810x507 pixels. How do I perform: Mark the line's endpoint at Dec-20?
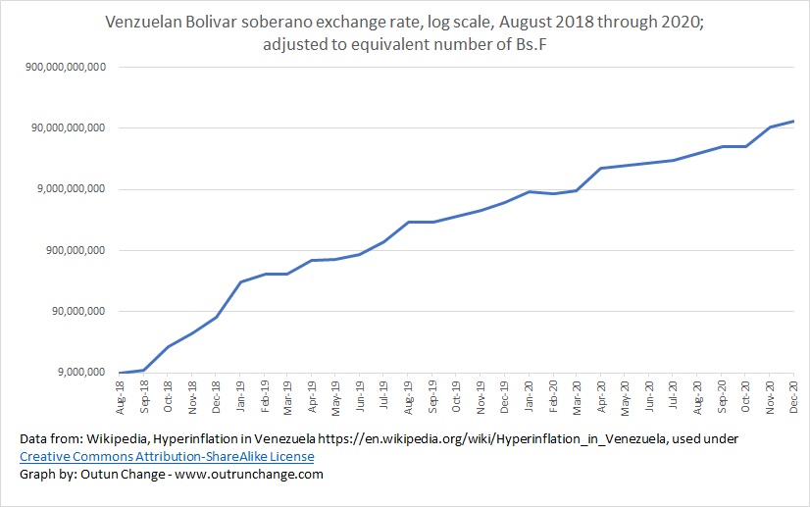pyautogui.click(x=793, y=122)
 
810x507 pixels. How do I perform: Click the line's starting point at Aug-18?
pyautogui.click(x=120, y=373)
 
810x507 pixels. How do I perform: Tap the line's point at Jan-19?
pyautogui.click(x=240, y=281)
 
